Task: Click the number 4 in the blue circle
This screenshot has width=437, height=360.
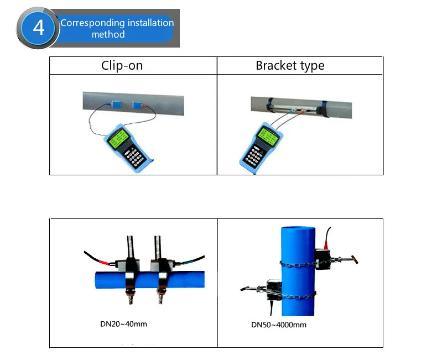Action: [x=39, y=28]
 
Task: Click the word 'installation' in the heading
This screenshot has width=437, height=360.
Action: [x=150, y=23]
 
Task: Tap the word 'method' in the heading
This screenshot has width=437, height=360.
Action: [x=108, y=34]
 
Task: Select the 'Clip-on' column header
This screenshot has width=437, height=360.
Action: [x=122, y=65]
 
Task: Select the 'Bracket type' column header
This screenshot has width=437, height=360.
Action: [x=290, y=65]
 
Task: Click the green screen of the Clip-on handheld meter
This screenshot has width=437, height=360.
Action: [x=119, y=138]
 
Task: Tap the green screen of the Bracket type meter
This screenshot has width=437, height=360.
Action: [x=268, y=135]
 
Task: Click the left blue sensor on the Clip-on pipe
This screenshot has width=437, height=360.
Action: [x=116, y=104]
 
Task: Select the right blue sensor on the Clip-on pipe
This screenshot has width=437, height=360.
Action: [x=137, y=105]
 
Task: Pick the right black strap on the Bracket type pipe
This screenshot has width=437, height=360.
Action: [x=324, y=109]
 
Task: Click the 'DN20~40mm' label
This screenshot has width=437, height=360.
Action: [x=123, y=324]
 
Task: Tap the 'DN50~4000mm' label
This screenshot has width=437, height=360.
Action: [x=279, y=325]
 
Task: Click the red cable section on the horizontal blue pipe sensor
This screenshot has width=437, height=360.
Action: [x=103, y=262]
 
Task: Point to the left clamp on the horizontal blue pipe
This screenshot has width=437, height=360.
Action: [x=132, y=274]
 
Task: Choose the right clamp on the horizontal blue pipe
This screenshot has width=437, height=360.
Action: [x=162, y=274]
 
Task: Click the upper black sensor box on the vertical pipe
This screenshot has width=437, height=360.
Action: [x=322, y=259]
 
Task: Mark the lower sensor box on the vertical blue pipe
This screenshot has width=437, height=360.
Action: [x=274, y=290]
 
